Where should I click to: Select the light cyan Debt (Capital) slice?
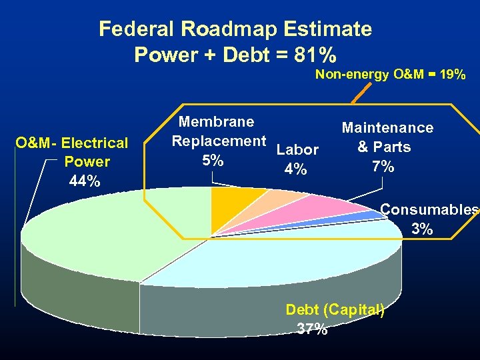(280, 257)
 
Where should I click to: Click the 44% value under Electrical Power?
(85, 181)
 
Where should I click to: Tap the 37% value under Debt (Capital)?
(312, 329)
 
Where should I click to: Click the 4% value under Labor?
(295, 170)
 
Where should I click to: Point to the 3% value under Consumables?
(422, 229)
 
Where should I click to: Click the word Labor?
(297, 149)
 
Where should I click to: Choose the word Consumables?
(429, 210)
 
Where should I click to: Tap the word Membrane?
(217, 121)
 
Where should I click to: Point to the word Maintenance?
(387, 127)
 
